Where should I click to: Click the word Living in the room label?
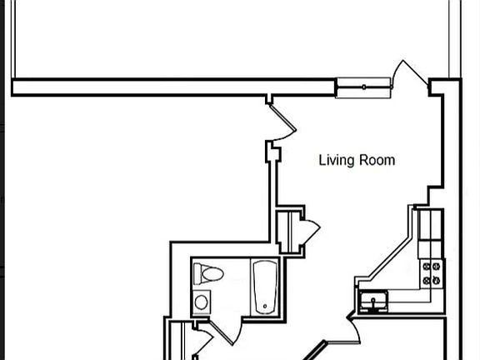pos(337,161)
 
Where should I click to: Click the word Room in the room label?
pos(377,160)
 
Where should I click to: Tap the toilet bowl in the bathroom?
pos(212,274)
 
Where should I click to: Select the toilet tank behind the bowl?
pos(198,274)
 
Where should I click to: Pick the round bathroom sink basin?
pos(202,302)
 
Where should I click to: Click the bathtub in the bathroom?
pos(265,287)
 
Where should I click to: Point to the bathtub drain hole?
pos(265,306)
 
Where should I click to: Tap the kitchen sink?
pos(373,301)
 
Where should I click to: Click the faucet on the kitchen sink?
pos(373,303)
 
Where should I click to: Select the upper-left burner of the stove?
pos(426,267)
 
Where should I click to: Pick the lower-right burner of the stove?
pos(436,280)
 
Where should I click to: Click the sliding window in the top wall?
pos(363,87)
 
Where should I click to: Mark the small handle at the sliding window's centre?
pos(363,87)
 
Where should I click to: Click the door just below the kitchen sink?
pos(354,331)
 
